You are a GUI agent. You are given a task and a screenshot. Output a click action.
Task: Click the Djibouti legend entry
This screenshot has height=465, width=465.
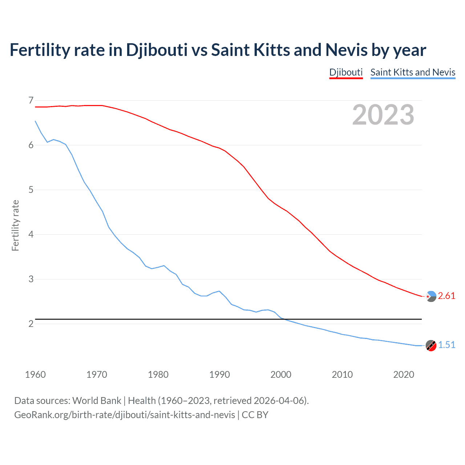click(x=346, y=72)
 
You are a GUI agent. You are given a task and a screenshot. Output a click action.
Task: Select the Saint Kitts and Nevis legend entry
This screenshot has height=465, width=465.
click(x=413, y=72)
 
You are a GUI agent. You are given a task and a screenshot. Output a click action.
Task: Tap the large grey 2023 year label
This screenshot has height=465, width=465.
click(x=383, y=115)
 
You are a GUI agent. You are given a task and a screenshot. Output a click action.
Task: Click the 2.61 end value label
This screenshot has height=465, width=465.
click(x=446, y=296)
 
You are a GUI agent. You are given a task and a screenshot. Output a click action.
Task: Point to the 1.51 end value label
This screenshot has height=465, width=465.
click(x=446, y=345)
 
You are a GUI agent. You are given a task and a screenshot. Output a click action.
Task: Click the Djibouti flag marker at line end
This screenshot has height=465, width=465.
click(x=431, y=297)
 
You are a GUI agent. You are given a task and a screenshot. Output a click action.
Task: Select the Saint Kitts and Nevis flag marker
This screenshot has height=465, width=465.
click(x=431, y=346)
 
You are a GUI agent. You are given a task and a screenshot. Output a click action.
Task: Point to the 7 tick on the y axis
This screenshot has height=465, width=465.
click(x=31, y=100)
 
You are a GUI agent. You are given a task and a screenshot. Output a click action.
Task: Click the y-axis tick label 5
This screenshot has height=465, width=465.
click(x=31, y=190)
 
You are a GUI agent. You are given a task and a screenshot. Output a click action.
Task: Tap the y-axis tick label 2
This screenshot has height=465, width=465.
click(x=31, y=324)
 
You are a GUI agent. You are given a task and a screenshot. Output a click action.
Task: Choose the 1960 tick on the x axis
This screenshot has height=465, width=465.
click(x=35, y=375)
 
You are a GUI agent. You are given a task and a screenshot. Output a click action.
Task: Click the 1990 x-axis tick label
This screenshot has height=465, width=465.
click(x=219, y=375)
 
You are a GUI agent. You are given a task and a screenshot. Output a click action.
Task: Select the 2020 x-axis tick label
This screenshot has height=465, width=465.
click(x=404, y=375)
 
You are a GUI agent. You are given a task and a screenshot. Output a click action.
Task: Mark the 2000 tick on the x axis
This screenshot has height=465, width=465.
click(x=281, y=375)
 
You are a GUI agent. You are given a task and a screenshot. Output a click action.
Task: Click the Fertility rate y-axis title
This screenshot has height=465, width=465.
click(x=15, y=225)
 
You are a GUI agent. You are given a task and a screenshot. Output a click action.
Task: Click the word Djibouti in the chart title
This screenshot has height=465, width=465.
click(x=157, y=50)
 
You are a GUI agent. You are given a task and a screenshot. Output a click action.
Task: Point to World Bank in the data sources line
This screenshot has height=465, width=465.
click(x=97, y=401)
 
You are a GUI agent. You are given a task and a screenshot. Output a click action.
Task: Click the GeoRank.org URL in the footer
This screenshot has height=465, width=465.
click(x=125, y=415)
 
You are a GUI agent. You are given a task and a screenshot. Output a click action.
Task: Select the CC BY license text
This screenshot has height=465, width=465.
click(x=255, y=415)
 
